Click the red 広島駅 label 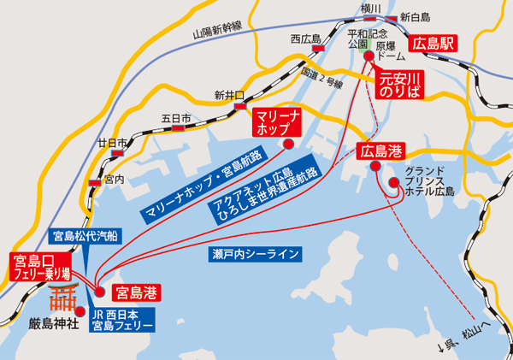(x=435, y=40)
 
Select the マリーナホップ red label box (x=276, y=123)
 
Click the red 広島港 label (x=381, y=152)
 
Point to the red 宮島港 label (x=137, y=292)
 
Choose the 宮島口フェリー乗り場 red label (x=38, y=266)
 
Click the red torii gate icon (x=61, y=298)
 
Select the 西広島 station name (x=304, y=38)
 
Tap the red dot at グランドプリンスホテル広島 (x=393, y=183)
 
